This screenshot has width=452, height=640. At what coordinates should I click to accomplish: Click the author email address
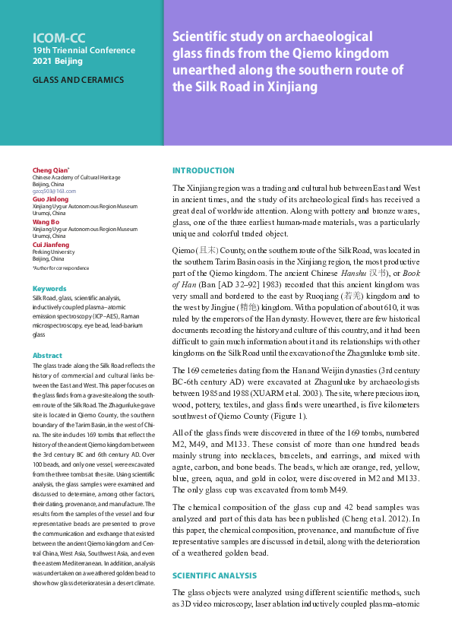(x=54, y=192)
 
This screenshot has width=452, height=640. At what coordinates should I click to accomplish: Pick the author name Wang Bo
(x=46, y=222)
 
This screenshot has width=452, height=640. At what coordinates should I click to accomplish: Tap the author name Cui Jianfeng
(x=51, y=245)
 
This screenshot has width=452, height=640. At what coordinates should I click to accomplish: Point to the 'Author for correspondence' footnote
(x=60, y=268)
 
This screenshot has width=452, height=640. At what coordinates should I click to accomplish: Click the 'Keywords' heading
(x=49, y=289)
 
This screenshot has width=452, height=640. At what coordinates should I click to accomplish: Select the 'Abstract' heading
(x=47, y=356)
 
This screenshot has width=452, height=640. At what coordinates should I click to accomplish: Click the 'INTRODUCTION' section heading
(x=204, y=171)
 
